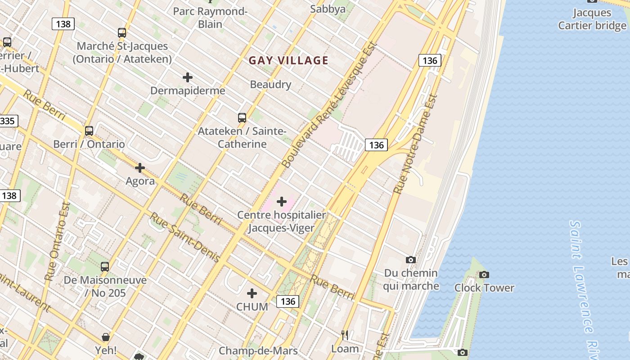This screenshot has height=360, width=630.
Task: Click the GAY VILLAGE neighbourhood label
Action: pos(288,60)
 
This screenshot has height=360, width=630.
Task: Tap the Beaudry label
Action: pos(270,84)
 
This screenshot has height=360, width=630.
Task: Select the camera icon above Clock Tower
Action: pos(484,274)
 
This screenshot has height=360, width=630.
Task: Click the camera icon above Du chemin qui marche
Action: pos(411,260)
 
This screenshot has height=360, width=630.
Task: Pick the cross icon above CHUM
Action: pos(252,293)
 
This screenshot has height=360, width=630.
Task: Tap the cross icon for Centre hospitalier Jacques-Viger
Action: pos(282,201)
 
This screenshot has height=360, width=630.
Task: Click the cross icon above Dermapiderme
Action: pos(188,77)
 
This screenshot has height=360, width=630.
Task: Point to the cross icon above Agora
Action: pos(140,168)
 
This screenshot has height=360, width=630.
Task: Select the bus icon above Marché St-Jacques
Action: pos(122,32)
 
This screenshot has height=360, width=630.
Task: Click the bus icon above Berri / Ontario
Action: pos(89,131)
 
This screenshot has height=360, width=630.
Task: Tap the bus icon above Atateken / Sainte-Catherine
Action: pos(242,118)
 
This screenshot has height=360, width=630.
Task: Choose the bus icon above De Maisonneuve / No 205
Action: pos(105,266)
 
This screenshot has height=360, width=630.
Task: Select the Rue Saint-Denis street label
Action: pos(184,237)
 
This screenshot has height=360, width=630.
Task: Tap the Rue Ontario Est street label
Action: pos(58,242)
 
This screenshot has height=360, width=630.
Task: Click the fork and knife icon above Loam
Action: pos(345,335)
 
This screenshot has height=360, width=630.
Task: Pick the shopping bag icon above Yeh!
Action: pos(106,337)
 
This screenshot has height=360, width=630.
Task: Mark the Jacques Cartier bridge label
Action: pos(592,19)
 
